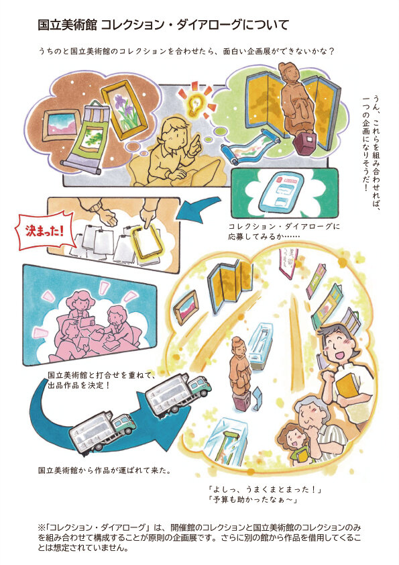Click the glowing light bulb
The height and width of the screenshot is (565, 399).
point(195,105)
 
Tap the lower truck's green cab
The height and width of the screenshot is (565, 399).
point(123,425)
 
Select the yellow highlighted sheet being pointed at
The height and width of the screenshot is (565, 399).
point(148,242)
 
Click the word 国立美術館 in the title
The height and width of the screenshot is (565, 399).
point(67,25)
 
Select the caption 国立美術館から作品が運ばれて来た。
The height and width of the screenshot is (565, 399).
point(105,470)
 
